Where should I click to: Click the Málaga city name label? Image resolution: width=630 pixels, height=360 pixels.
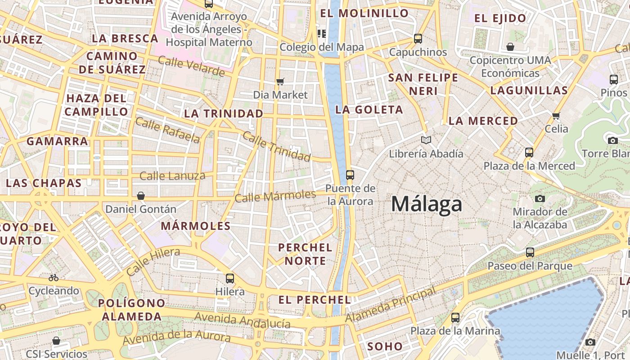click(x=426, y=204)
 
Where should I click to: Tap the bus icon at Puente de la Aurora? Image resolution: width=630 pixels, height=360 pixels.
click(x=350, y=175)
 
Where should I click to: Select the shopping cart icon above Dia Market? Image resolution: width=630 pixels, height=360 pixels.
click(x=280, y=81)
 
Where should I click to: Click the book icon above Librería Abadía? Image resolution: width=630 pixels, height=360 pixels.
click(x=426, y=140)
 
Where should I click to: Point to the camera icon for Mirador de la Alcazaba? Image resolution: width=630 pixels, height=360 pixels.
click(x=540, y=198)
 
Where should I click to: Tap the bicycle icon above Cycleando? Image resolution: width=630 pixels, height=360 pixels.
click(x=54, y=278)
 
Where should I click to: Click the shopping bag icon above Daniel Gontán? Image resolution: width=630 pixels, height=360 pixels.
click(x=141, y=196)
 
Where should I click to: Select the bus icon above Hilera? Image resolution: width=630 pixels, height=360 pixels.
click(x=230, y=278)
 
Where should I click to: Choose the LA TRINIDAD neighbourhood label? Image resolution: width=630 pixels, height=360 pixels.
click(x=224, y=113)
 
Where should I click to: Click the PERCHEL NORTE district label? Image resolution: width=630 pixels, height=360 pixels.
click(x=305, y=254)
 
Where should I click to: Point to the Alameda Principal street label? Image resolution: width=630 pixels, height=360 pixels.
click(x=391, y=305)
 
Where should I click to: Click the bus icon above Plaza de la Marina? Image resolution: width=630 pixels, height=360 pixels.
click(x=455, y=318)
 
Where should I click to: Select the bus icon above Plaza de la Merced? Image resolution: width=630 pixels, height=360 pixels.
click(x=529, y=153)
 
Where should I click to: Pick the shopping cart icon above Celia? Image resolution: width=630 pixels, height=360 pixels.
click(x=556, y=116)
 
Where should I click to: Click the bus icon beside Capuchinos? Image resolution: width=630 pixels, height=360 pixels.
click(x=418, y=39)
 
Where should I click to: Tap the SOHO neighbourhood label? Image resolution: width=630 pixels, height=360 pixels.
click(x=385, y=346)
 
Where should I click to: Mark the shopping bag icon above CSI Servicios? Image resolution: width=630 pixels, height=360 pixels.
click(x=56, y=341)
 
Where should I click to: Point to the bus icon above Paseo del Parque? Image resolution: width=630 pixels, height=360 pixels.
click(x=530, y=252)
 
